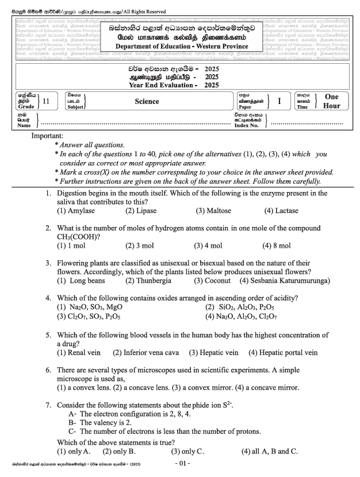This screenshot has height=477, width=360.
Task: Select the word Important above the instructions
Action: click(x=51, y=136)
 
